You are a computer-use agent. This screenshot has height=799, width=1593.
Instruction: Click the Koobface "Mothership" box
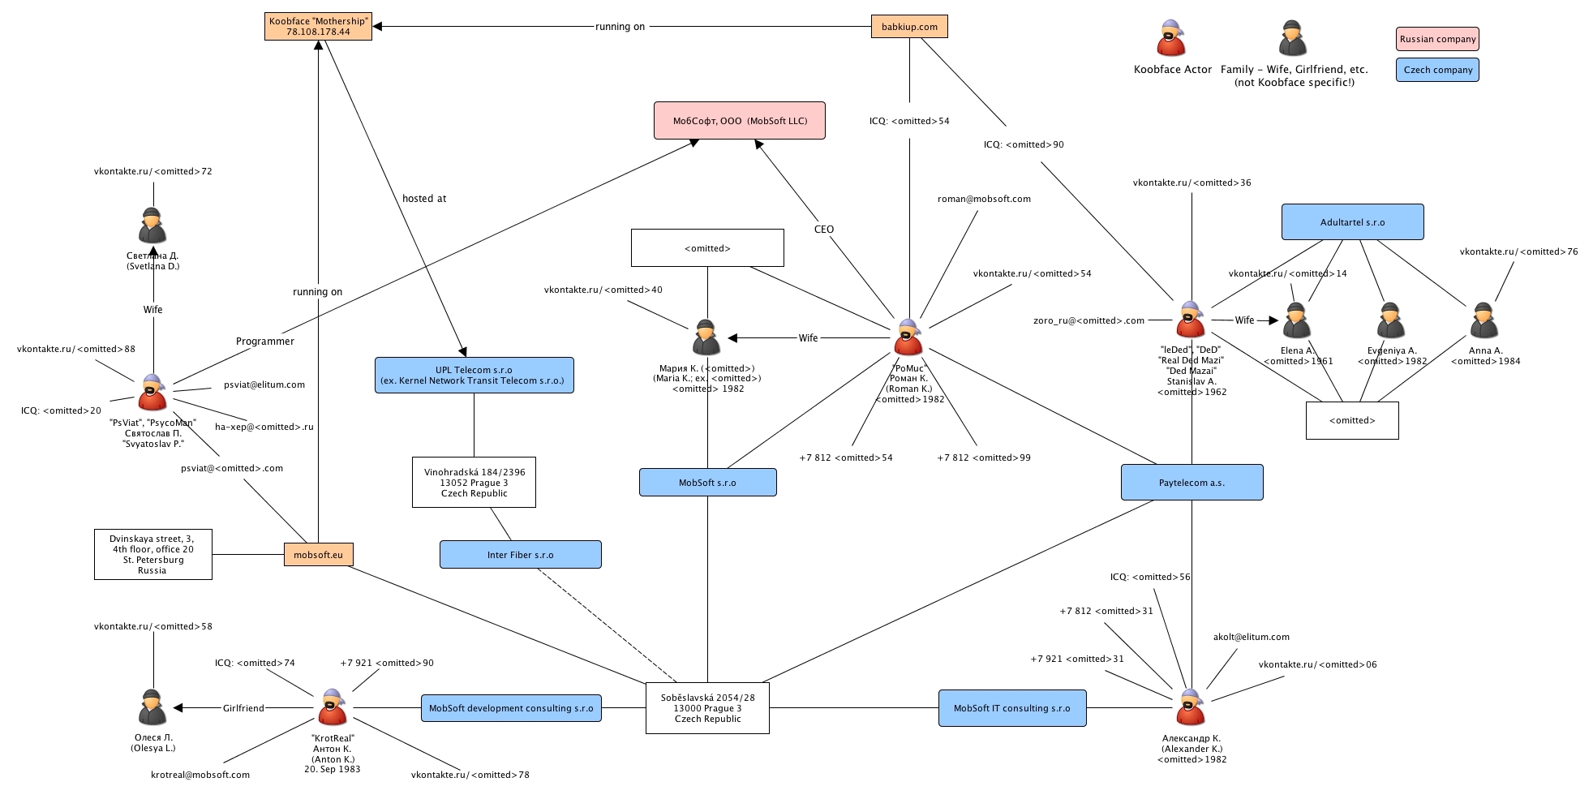[318, 27]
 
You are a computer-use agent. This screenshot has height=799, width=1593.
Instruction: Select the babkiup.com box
[909, 27]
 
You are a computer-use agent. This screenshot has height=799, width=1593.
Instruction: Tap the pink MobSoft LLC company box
[739, 121]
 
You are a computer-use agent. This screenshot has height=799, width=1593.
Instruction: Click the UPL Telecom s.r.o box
[474, 376]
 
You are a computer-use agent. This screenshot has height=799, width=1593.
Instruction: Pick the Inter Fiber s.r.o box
[520, 555]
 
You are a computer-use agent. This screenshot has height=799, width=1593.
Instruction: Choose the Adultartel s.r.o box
[1352, 222]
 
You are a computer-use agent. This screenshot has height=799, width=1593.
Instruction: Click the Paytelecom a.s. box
[1192, 483]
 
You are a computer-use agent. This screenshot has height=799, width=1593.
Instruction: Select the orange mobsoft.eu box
[318, 555]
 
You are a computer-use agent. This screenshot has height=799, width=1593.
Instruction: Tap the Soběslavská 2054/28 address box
[707, 708]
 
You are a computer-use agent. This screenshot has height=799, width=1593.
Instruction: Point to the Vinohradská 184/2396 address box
[474, 483]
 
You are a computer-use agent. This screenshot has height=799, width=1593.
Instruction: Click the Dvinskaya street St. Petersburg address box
[152, 554]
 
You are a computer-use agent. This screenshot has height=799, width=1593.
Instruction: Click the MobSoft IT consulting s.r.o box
[1011, 708]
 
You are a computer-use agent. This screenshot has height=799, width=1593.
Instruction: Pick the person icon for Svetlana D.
[152, 226]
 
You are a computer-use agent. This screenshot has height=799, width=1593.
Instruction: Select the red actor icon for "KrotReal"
[332, 707]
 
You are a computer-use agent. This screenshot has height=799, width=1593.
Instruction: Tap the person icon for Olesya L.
[152, 707]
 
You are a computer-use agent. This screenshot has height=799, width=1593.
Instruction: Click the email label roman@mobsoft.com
[984, 199]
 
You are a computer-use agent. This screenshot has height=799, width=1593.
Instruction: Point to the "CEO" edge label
[824, 230]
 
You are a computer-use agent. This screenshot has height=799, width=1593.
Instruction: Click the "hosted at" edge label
[424, 199]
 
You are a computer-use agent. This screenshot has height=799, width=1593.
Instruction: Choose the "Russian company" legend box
[1437, 39]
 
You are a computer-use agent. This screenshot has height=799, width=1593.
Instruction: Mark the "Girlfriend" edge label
[243, 708]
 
